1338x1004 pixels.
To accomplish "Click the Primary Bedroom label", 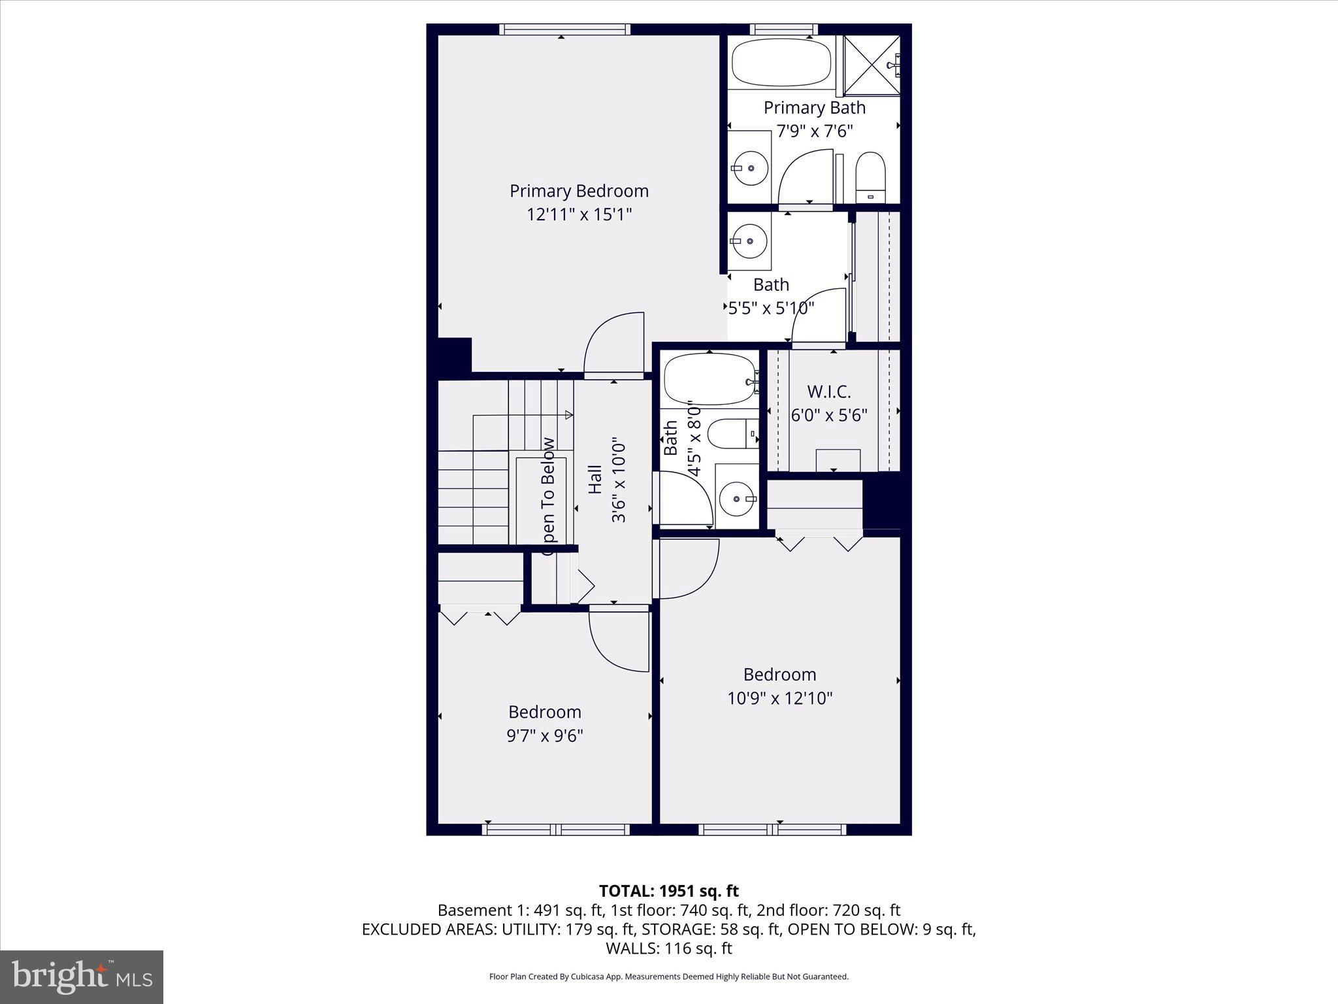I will [x=579, y=191].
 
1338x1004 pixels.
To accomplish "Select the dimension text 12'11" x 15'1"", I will [x=579, y=214].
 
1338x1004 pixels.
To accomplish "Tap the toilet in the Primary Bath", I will [x=870, y=178].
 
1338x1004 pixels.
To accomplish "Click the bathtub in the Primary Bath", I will [x=781, y=62].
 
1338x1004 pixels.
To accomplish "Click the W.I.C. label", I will [x=828, y=392].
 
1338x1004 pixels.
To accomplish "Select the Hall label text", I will [x=595, y=479].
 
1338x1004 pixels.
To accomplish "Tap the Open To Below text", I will [x=547, y=496].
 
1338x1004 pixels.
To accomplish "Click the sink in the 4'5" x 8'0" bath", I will [x=737, y=499].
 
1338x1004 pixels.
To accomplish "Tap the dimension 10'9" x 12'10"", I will [x=779, y=698].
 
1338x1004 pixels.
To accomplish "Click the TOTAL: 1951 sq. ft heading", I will [x=668, y=891].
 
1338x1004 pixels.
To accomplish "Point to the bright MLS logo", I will [x=82, y=977].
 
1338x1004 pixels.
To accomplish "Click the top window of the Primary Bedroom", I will [x=564, y=29].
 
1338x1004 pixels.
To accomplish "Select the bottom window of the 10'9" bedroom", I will [x=772, y=829].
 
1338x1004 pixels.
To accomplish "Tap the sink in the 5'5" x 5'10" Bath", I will [x=749, y=241].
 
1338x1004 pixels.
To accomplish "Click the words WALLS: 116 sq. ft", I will [x=668, y=948].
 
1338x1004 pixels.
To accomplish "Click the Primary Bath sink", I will [x=749, y=168].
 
